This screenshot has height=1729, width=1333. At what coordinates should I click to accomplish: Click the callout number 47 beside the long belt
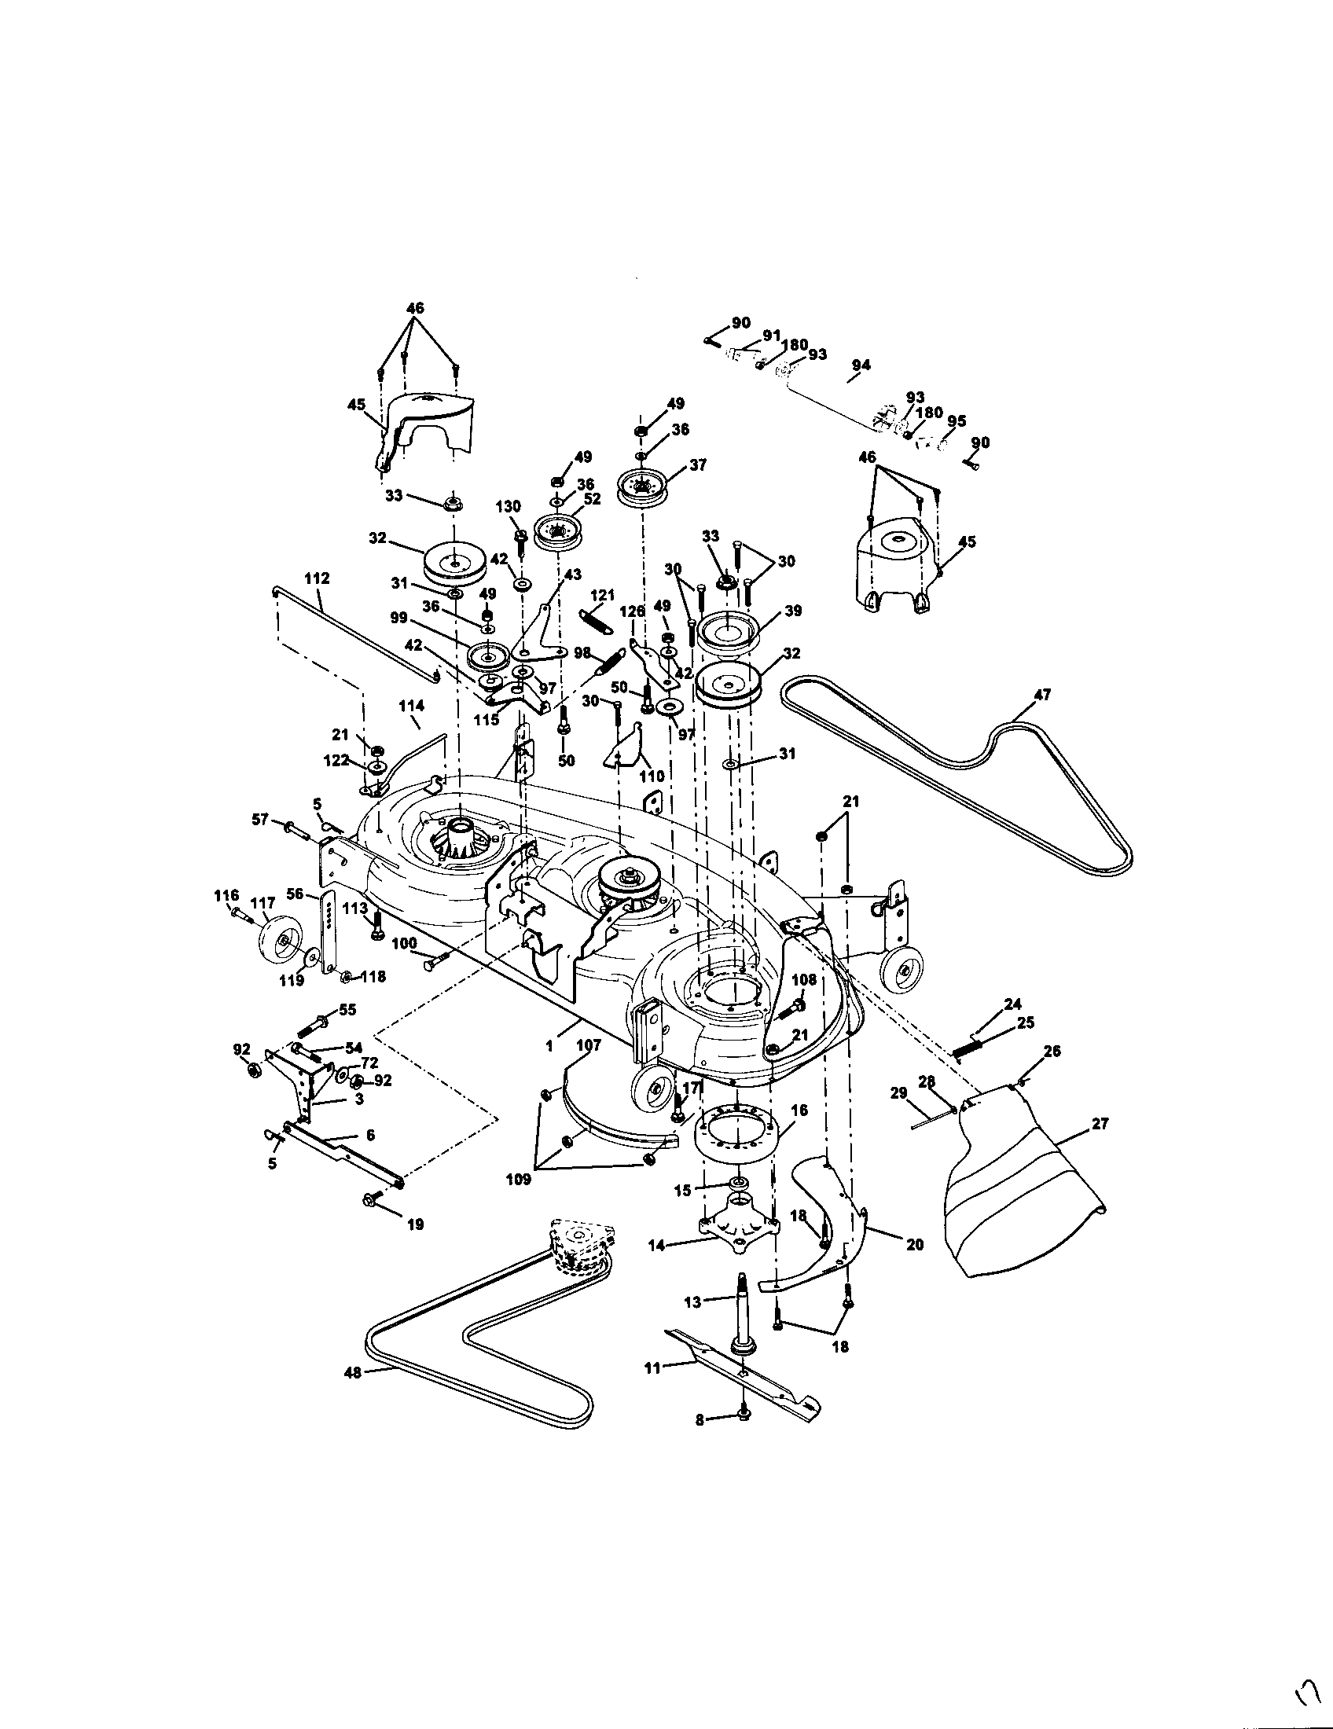[1042, 695]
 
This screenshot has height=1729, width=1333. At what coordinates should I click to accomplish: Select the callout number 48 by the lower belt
[352, 1373]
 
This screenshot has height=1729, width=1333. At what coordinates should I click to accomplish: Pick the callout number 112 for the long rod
[317, 578]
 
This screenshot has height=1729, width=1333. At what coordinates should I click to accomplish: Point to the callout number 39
[793, 611]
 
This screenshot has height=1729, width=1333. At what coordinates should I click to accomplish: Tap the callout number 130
[509, 507]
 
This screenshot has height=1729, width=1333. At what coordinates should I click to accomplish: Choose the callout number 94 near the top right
[861, 365]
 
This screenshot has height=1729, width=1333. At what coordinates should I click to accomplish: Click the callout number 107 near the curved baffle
[589, 1045]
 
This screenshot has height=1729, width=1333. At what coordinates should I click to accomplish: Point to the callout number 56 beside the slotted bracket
[295, 894]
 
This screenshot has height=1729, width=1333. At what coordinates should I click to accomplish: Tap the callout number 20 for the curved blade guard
[914, 1245]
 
